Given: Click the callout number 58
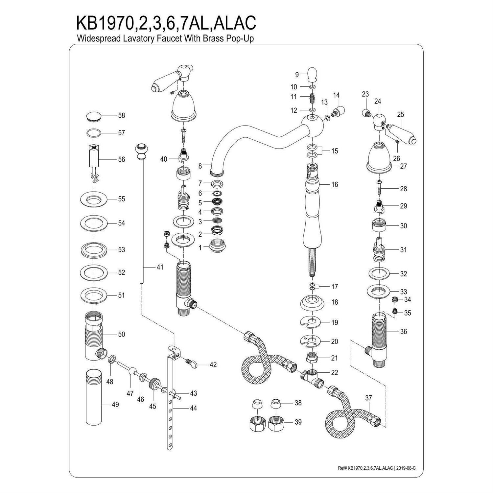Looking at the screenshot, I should coord(121,116).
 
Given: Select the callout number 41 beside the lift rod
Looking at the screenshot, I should coord(160,267).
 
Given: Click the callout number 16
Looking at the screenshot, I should coord(335,184).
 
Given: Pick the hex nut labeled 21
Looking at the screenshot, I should coord(312,357).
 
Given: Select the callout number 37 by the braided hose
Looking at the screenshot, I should coord(368,398).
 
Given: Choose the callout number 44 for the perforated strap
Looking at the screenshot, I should coord(193,408).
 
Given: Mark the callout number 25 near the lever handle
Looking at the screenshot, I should coord(400,115).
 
